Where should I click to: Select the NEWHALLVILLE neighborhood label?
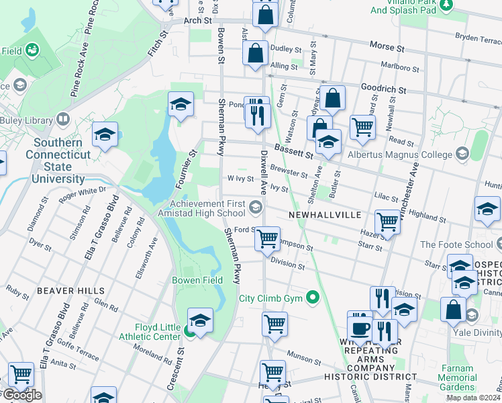[x=325, y=214]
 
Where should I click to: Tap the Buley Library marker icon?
[x=62, y=120]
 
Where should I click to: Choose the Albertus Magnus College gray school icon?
[x=461, y=154]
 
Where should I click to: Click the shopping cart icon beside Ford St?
[x=268, y=239]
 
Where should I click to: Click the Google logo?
[x=21, y=395]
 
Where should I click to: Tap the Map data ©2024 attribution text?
[x=473, y=398]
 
